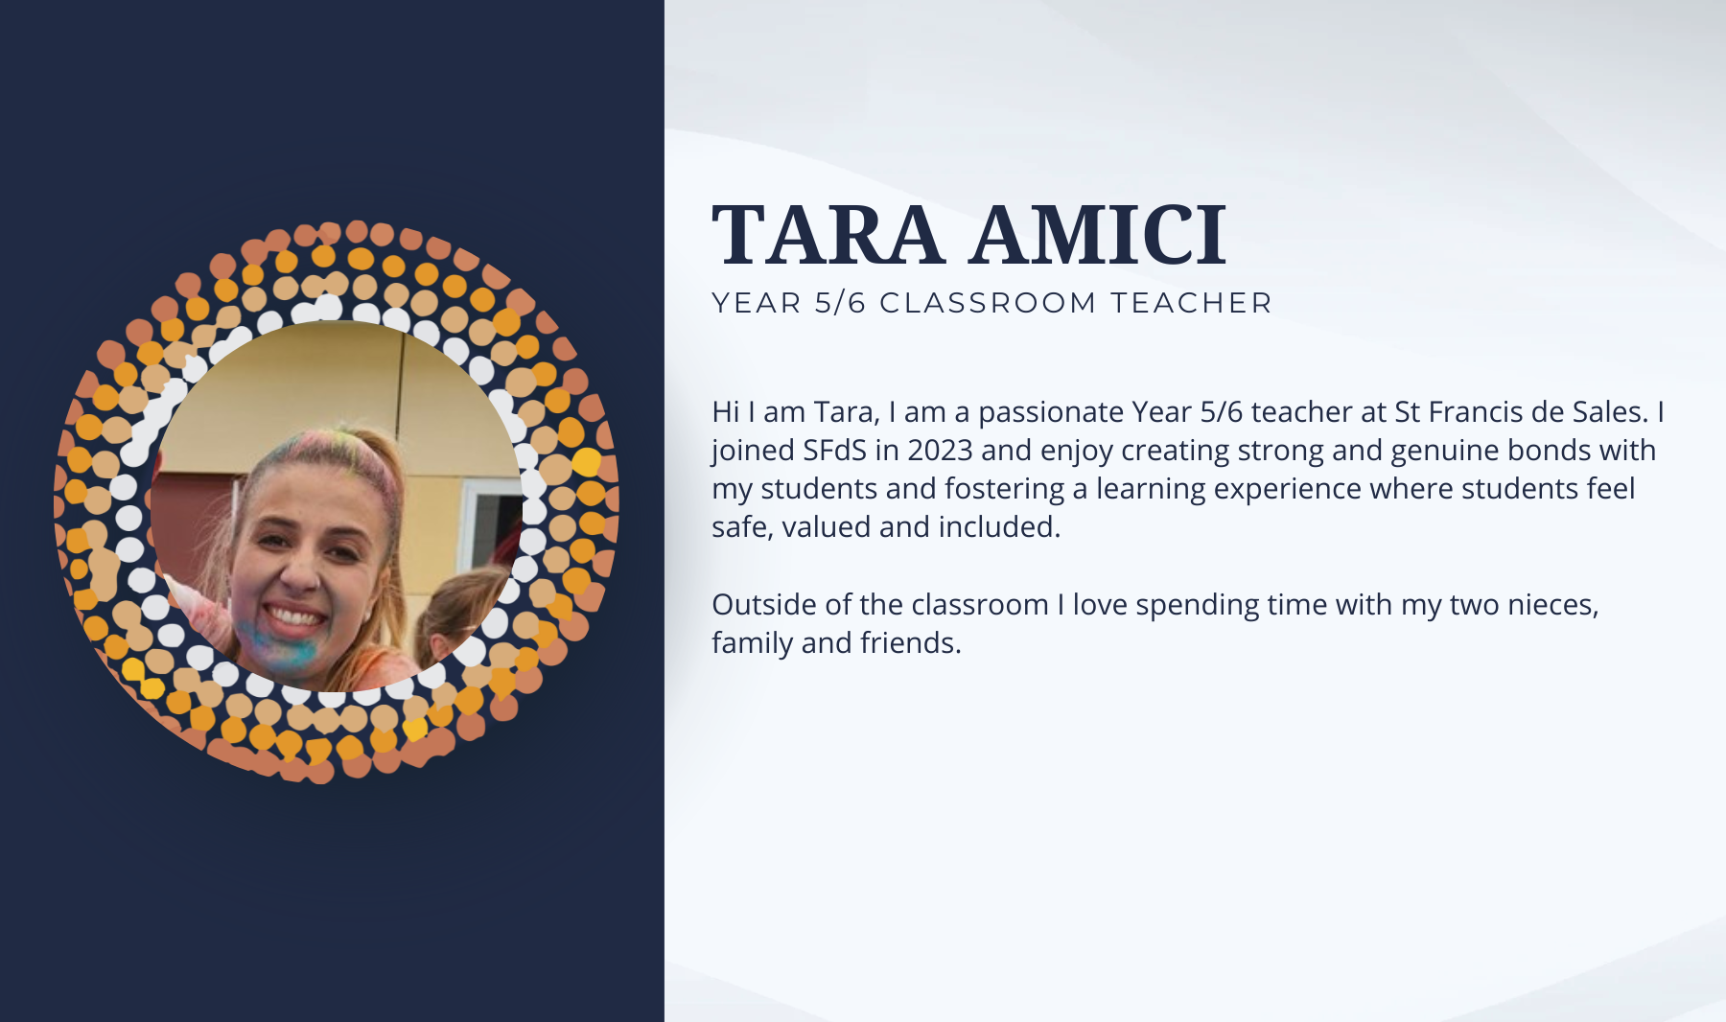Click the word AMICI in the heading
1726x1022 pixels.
pos(1098,235)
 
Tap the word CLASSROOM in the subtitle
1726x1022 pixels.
pos(988,303)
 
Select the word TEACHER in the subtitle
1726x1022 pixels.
pos(1191,303)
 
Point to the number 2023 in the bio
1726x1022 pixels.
pos(940,451)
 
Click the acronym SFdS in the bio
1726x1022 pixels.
pos(834,451)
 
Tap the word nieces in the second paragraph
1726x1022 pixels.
pos(1550,605)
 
